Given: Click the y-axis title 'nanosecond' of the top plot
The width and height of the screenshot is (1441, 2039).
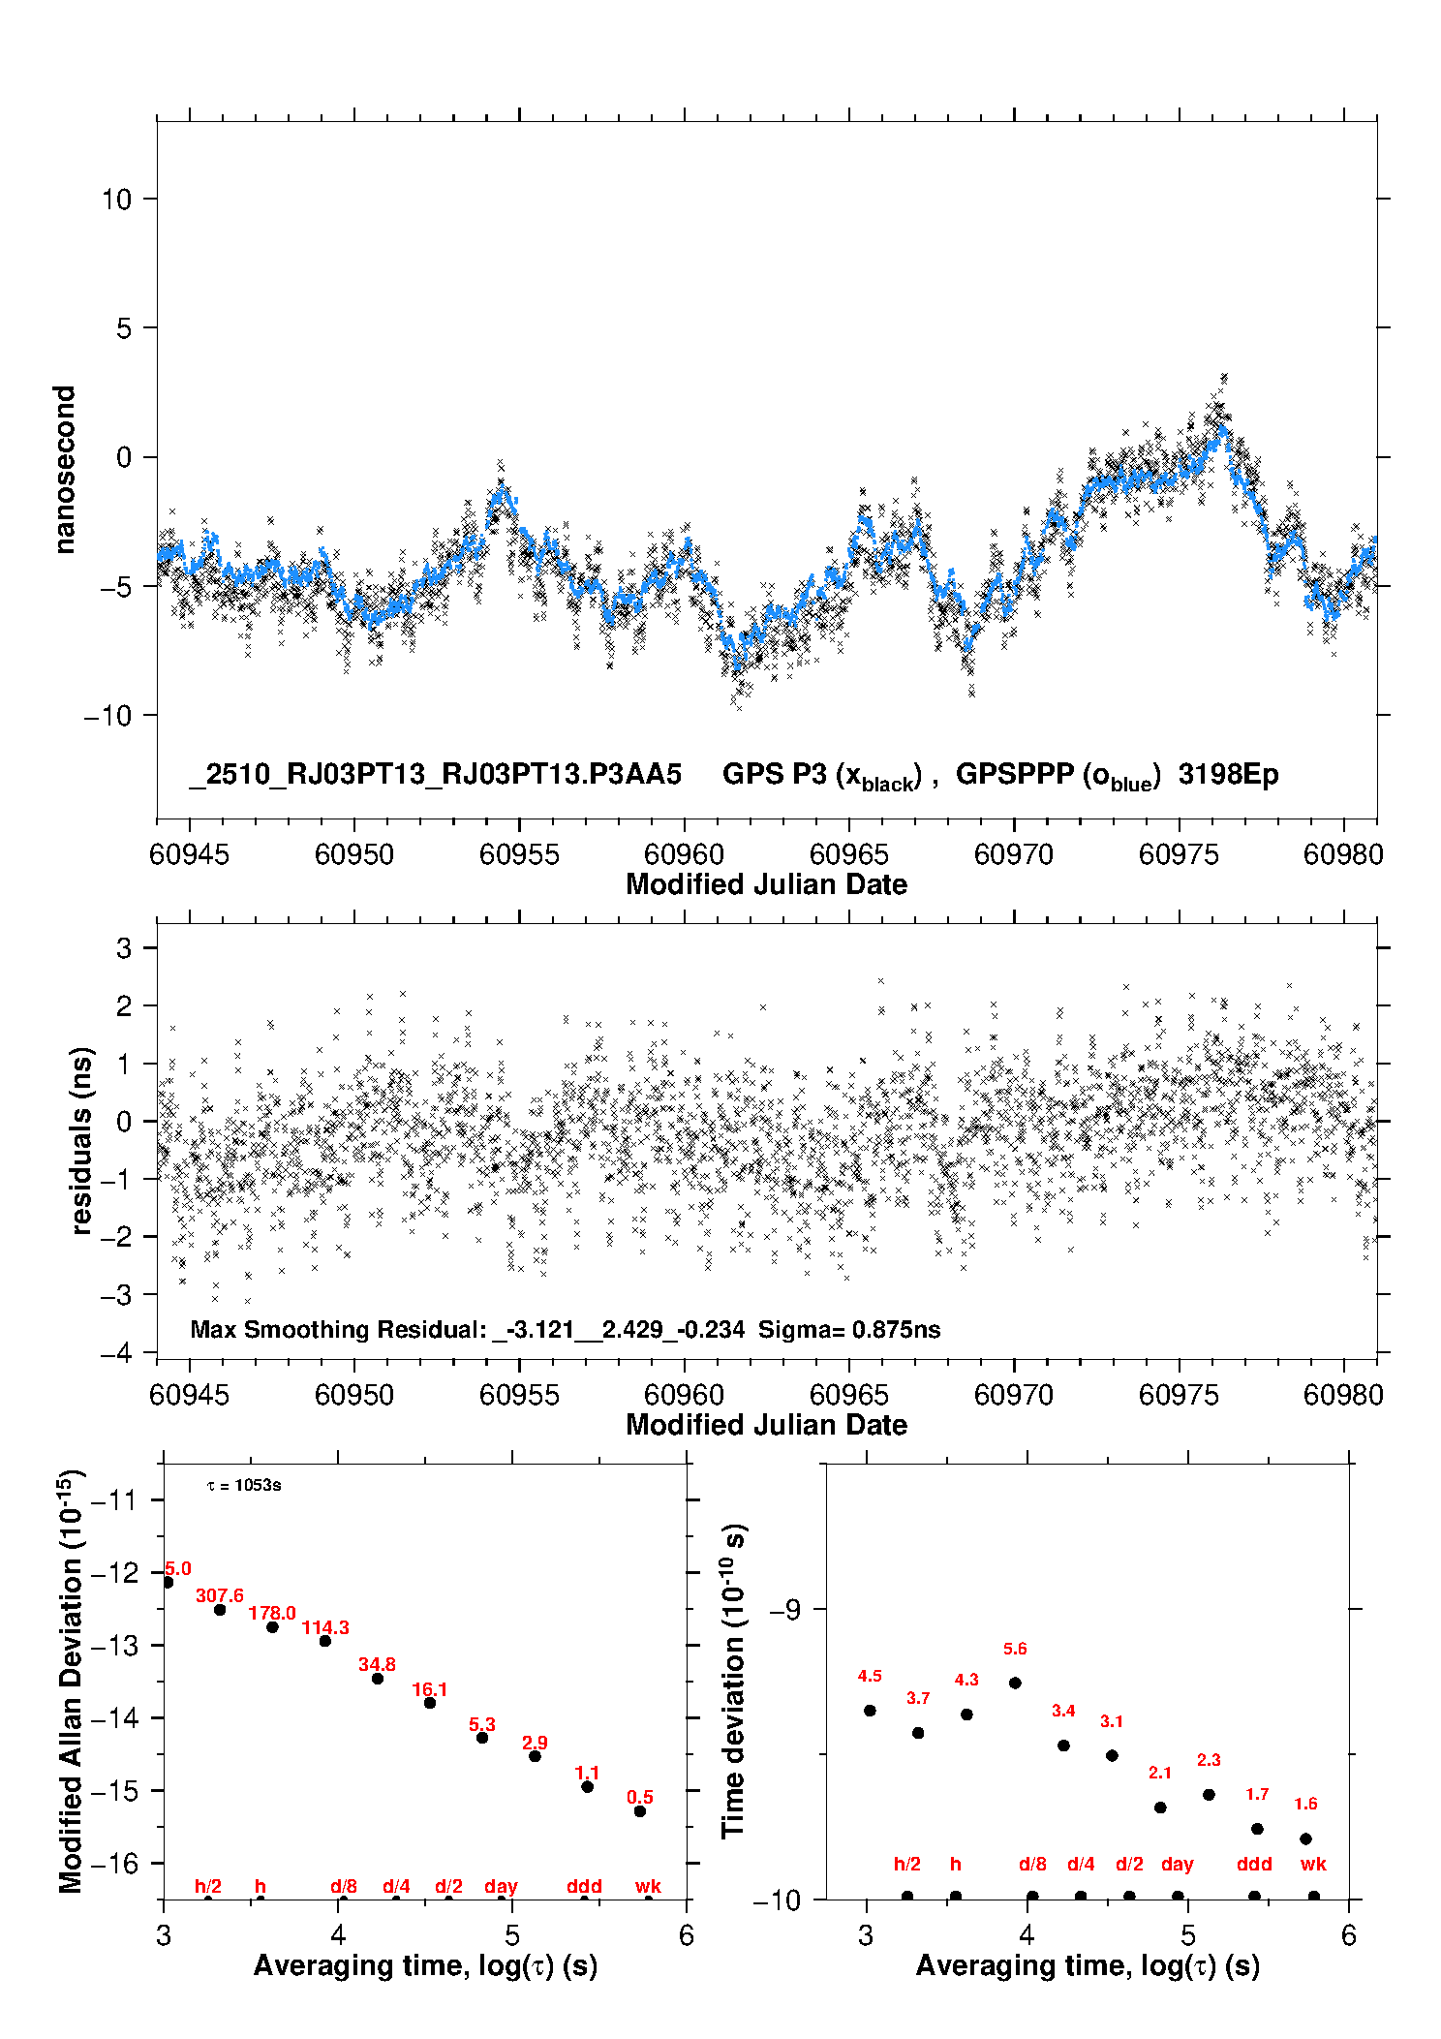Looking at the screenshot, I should click(64, 470).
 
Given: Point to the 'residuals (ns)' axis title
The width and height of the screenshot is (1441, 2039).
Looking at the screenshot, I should click(82, 1140).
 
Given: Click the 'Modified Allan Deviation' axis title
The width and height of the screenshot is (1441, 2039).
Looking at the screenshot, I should click(70, 1681).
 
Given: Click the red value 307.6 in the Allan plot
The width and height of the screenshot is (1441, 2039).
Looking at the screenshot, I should click(220, 1595).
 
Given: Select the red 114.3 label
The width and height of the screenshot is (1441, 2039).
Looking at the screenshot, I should click(325, 1627).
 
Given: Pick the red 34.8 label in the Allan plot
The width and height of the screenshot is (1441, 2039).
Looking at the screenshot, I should click(377, 1664).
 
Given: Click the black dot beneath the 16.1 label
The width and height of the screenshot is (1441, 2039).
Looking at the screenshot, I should click(430, 1703).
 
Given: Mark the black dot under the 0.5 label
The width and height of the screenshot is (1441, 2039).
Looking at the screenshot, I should click(640, 1811).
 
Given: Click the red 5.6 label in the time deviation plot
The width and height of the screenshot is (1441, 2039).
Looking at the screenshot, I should click(1015, 1649).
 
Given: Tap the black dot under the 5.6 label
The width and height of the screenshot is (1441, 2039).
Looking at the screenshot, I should click(1015, 1683).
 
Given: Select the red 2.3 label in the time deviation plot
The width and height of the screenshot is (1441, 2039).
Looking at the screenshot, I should click(1209, 1760).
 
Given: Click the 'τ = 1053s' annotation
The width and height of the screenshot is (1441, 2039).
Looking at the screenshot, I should click(244, 1486).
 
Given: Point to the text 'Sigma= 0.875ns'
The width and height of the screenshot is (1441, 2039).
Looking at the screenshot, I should click(849, 1329).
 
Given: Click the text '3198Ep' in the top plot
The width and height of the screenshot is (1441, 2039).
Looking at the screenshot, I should click(1228, 775).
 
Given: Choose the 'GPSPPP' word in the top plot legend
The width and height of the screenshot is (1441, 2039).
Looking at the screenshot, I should click(1015, 775).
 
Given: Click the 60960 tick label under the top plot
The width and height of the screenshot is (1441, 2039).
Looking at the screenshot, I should click(684, 854).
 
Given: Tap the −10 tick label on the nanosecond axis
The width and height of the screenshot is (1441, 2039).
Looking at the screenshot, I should click(107, 716).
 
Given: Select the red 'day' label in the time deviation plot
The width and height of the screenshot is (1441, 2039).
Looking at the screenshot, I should click(1177, 1864).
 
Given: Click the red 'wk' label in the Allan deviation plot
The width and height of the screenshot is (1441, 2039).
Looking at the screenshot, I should click(648, 1886).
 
